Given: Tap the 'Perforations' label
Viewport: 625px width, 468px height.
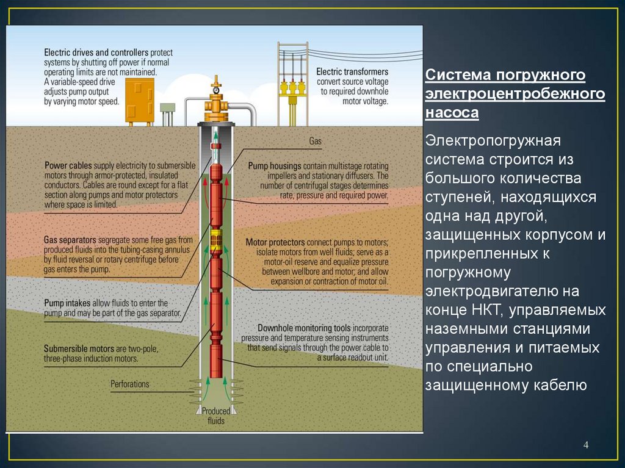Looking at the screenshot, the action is tap(129, 384).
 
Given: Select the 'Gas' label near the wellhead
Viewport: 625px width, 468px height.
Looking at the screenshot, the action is tap(315, 141).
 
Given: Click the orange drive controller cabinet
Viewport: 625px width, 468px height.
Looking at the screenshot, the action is tap(140, 103).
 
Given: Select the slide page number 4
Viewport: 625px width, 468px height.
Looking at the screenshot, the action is tap(586, 445).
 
